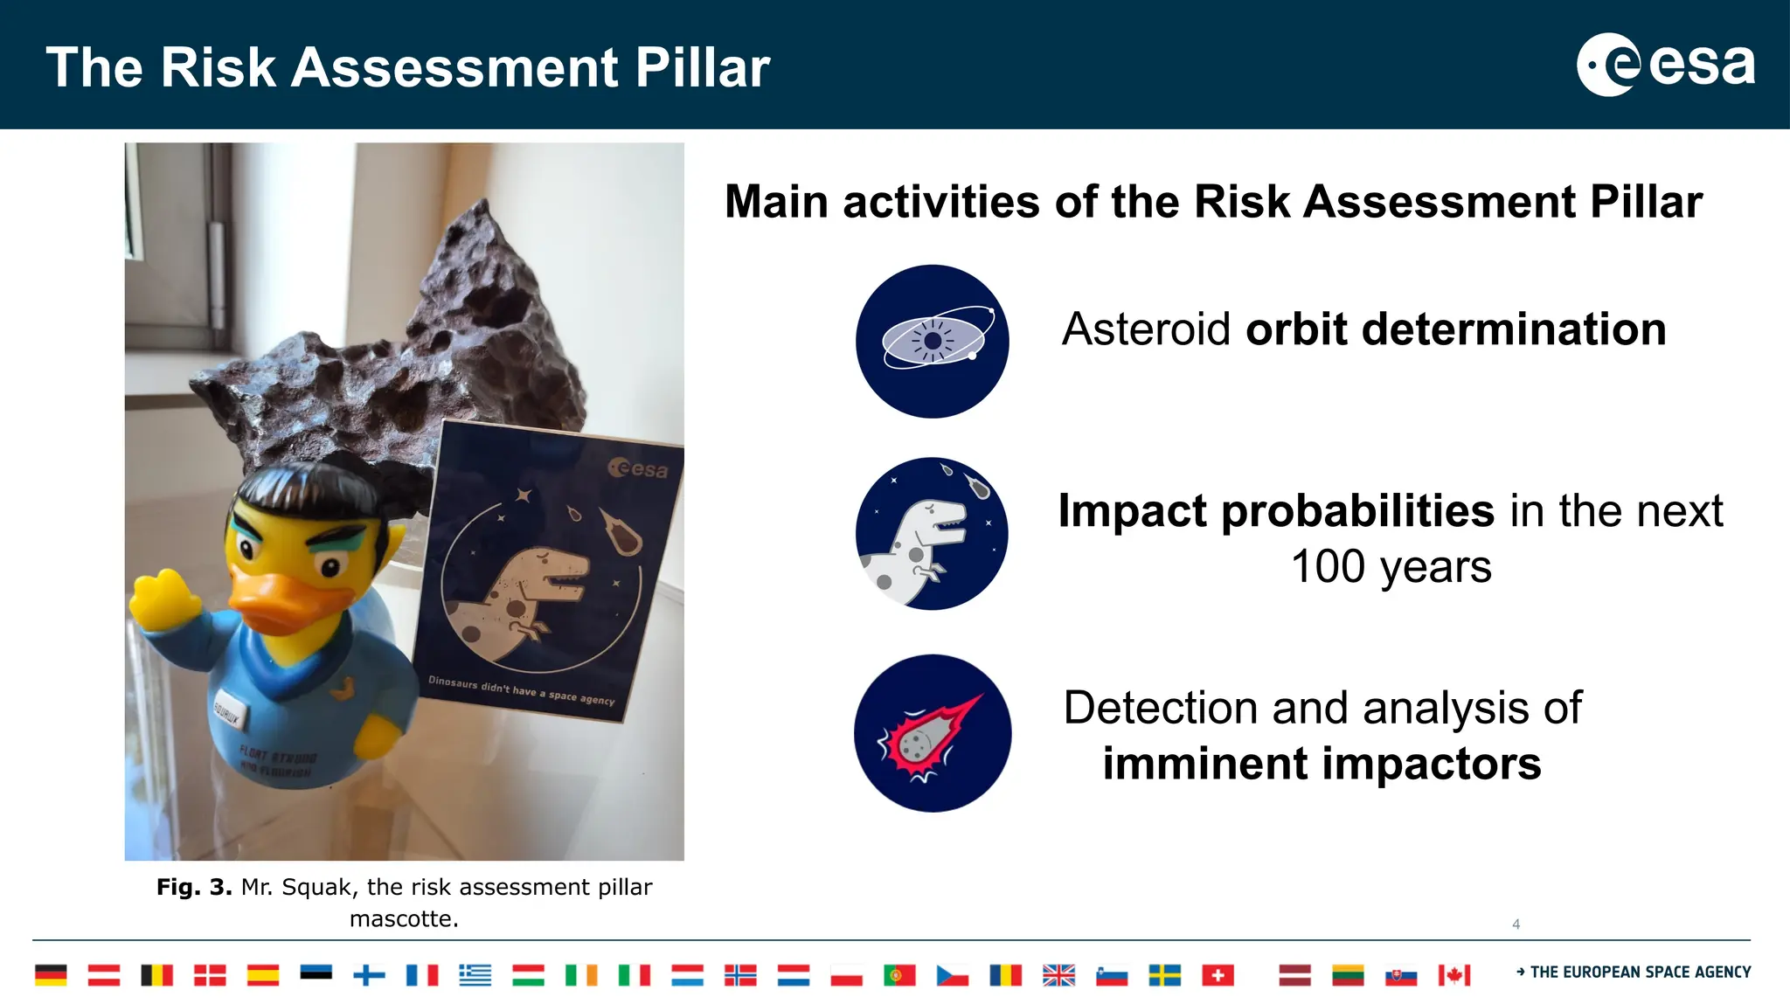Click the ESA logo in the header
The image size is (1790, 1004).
1665,65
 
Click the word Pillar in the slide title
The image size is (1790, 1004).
702,67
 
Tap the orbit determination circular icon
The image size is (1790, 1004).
932,341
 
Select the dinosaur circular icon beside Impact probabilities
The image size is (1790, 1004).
932,533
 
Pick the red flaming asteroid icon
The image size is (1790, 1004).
932,732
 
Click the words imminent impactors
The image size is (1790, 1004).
1322,764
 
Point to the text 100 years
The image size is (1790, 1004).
1391,567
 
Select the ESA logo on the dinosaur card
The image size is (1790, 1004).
638,469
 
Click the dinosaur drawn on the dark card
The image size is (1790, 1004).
533,594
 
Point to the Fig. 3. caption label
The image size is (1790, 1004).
194,887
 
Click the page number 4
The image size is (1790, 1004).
1516,924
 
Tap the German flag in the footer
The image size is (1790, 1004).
51,974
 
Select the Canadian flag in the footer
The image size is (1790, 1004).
1454,974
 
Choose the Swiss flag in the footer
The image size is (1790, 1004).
1218,974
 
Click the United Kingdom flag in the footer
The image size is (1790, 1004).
1058,974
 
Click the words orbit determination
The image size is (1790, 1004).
1455,329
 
